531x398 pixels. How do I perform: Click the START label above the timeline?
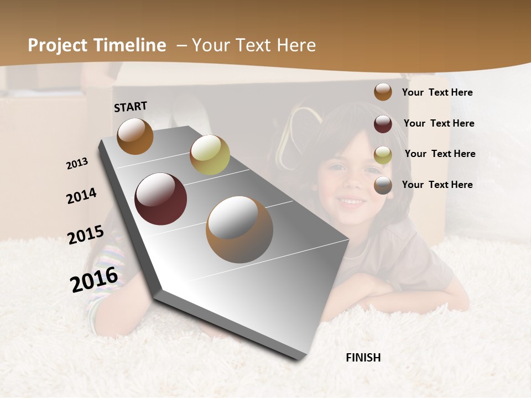131,106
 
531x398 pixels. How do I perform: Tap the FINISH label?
363,358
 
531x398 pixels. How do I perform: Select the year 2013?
77,164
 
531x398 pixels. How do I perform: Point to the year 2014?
81,196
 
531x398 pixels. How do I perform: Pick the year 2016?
94,279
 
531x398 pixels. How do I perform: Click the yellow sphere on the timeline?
210,155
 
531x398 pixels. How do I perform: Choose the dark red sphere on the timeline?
160,199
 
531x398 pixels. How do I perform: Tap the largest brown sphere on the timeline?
239,229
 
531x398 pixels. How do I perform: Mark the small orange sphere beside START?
135,136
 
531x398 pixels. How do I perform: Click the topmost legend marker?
383,92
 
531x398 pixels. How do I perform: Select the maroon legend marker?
383,123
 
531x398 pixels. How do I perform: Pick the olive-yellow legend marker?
383,154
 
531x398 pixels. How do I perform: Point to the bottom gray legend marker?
383,185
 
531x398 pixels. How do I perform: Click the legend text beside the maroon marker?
439,123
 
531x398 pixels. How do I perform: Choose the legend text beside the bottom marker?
437,185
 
